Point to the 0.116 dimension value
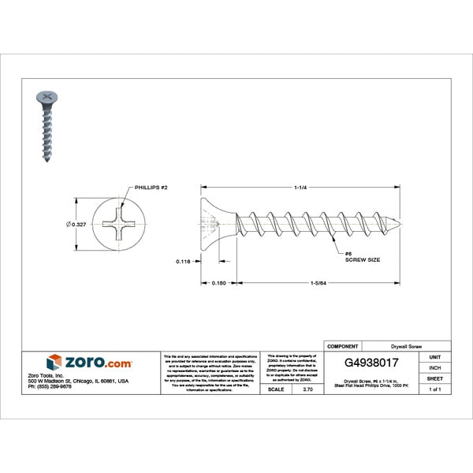coord(183,260)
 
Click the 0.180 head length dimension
coord(220,283)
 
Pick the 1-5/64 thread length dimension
coord(319,283)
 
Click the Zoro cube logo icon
coord(54,363)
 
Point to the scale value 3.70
coord(307,389)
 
